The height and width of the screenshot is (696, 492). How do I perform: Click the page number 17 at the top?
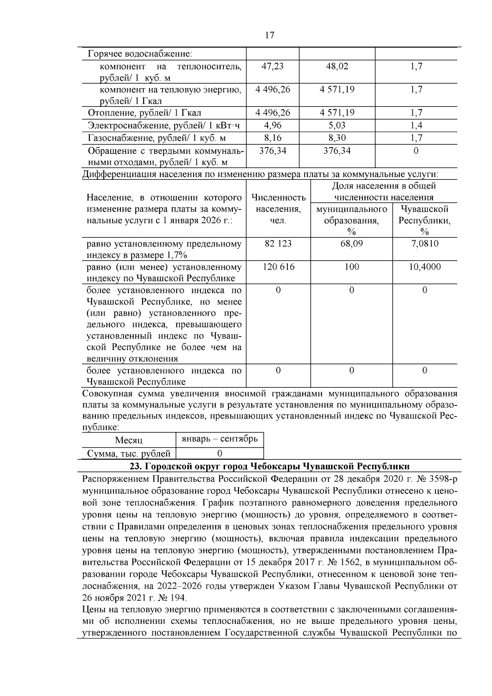click(269, 35)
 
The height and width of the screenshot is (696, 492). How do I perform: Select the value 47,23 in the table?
click(272, 66)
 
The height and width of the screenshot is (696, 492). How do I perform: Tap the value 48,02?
click(337, 66)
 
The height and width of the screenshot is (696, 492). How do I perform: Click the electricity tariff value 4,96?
click(273, 125)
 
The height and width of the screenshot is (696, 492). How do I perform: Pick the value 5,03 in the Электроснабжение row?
click(337, 125)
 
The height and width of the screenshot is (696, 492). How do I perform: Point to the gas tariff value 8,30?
click(337, 138)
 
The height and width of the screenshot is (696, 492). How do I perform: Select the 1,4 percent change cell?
click(416, 125)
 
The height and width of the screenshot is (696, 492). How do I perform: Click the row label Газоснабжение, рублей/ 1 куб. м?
click(157, 138)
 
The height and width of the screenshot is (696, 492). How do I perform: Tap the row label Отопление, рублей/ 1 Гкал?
click(144, 113)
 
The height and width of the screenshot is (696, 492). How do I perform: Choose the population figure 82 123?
click(278, 243)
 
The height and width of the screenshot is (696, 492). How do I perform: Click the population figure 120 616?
click(278, 267)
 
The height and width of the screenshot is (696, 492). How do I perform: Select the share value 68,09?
click(351, 243)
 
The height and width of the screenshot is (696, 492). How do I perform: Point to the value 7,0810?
click(424, 243)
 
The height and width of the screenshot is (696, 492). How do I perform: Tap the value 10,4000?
click(424, 267)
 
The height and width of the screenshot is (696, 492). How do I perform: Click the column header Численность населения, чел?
click(278, 209)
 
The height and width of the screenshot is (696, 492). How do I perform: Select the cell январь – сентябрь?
click(219, 439)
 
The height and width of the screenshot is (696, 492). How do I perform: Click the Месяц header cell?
click(128, 440)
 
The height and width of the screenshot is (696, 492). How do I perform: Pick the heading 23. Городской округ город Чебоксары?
click(269, 466)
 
